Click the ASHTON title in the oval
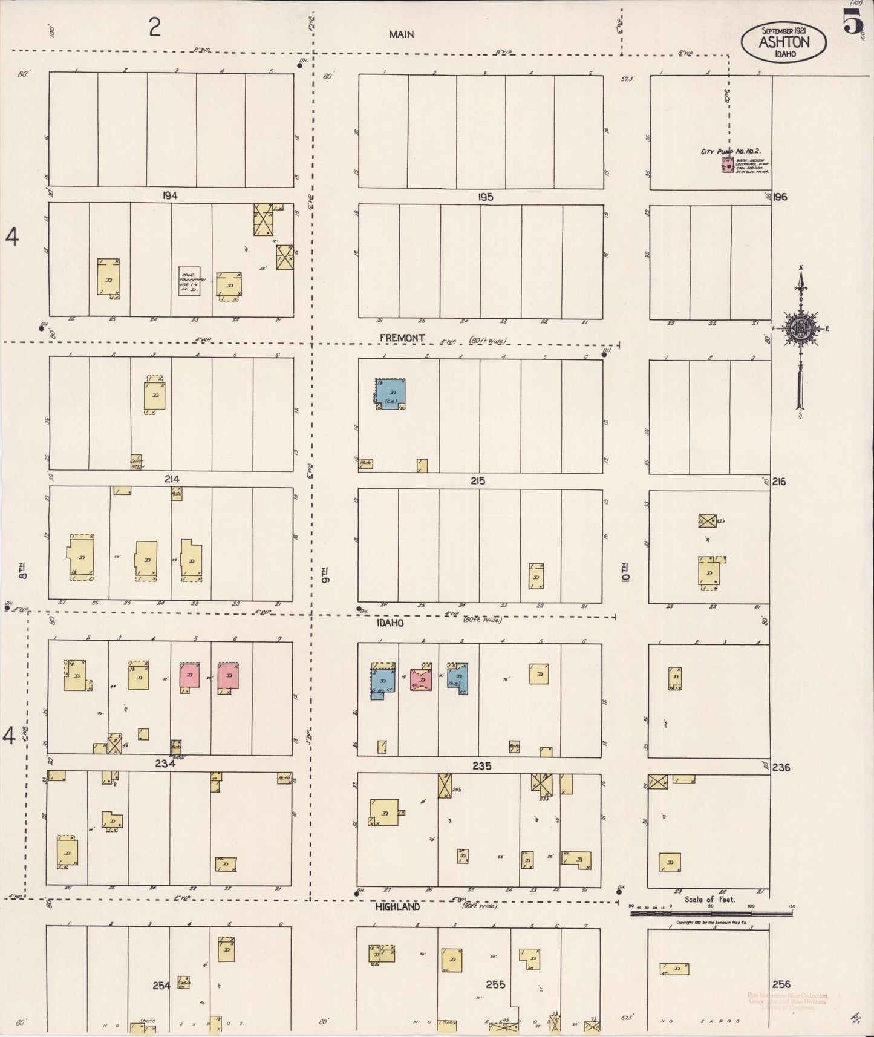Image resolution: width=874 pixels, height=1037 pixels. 784,42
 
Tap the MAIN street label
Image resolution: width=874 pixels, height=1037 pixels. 402,34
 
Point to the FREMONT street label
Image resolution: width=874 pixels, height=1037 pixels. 402,338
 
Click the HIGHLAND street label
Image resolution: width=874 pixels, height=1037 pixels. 397,907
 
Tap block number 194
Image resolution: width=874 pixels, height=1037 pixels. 170,196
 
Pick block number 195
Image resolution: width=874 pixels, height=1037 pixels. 485,197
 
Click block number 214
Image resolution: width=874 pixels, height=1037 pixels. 171,479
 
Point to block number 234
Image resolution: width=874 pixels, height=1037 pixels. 165,764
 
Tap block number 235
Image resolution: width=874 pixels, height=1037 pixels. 481,765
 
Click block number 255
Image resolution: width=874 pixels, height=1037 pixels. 495,984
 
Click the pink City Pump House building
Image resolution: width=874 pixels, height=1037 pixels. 728,165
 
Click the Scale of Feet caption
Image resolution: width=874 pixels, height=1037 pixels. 709,900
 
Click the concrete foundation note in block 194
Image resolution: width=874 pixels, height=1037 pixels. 189,281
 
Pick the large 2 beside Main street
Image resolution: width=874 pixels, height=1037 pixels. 155,27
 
